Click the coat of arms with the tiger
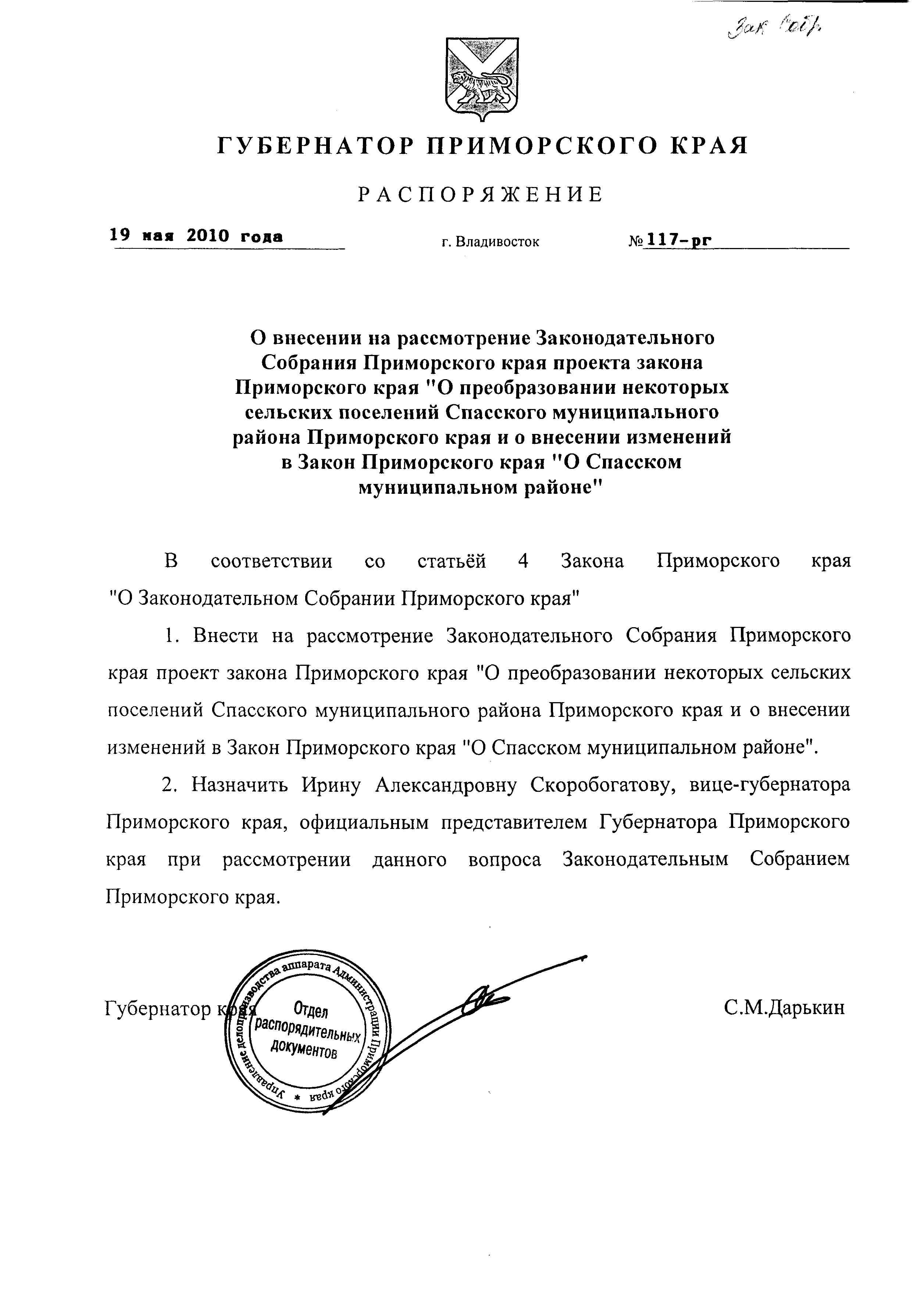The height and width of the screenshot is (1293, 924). click(x=482, y=79)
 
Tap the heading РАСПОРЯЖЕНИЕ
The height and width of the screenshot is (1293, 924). click(x=481, y=195)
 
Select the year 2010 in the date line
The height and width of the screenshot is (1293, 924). click(x=208, y=236)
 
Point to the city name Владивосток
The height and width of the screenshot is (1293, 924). click(x=499, y=242)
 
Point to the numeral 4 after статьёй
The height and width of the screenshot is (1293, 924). click(x=524, y=561)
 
